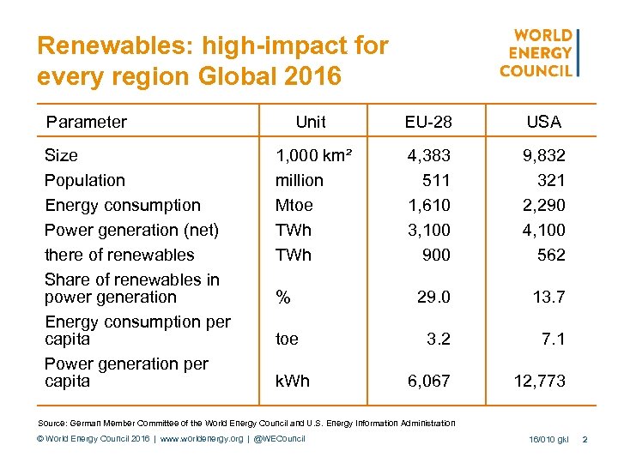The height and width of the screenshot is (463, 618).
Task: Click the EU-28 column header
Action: point(428,122)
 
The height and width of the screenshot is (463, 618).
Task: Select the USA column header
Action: point(543,122)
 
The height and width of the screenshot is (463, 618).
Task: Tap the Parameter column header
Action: point(87,122)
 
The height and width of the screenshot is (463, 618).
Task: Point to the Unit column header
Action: point(310,122)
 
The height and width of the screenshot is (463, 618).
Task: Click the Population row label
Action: point(85,180)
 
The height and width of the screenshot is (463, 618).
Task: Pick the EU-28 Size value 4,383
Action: point(428,155)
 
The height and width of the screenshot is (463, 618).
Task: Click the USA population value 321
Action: point(551,180)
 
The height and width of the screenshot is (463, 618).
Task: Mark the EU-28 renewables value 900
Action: point(436,255)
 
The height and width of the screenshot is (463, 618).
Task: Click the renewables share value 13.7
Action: point(548,297)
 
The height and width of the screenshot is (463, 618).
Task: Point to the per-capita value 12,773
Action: point(540,381)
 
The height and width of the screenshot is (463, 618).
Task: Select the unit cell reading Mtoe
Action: point(294,205)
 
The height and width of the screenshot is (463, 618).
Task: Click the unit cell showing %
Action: point(282,297)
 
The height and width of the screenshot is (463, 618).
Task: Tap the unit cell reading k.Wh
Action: point(294,381)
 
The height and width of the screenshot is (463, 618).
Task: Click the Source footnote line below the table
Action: point(247,422)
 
